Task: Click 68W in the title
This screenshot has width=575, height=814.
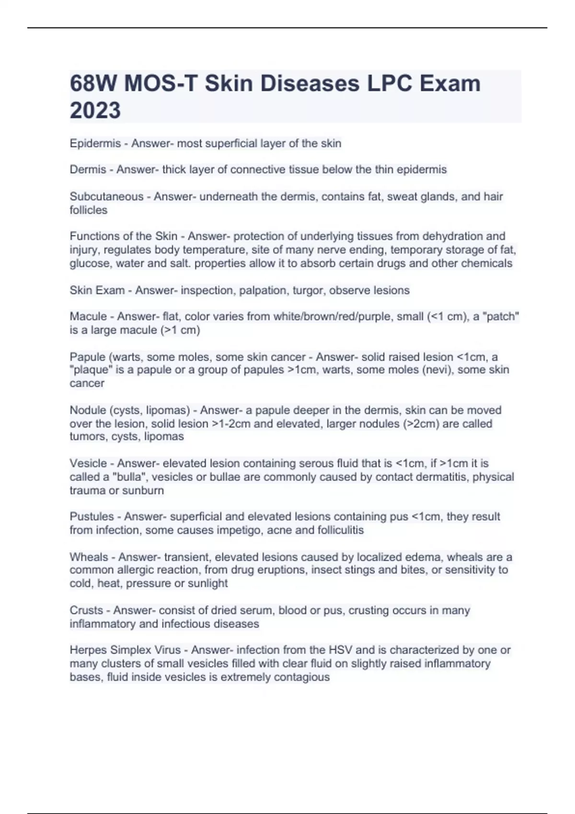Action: tap(93, 84)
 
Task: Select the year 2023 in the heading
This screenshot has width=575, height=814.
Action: tap(95, 111)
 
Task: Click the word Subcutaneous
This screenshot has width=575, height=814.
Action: tap(106, 196)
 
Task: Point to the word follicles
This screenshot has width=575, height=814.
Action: tap(88, 210)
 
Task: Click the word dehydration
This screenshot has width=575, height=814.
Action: tap(452, 236)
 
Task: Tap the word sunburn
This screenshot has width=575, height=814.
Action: tap(143, 490)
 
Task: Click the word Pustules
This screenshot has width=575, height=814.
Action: tap(92, 517)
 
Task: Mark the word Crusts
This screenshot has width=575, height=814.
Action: tap(86, 610)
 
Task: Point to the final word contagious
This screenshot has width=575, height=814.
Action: tap(301, 677)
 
